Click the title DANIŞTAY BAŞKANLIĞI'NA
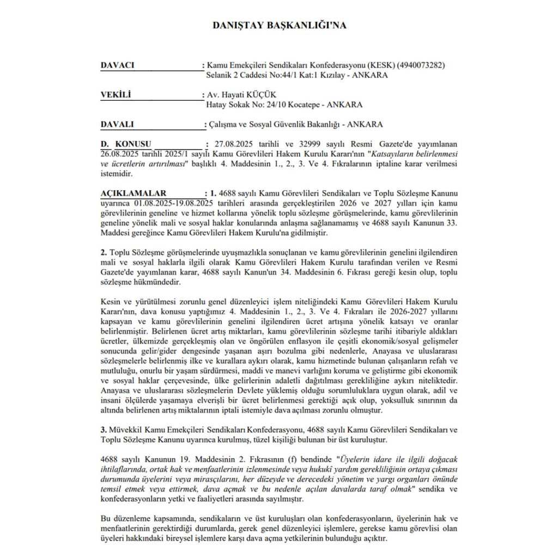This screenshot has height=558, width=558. click(x=278, y=26)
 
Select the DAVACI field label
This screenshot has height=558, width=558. click(x=117, y=65)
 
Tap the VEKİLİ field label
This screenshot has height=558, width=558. click(x=116, y=95)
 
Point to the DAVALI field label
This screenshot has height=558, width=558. click(x=117, y=124)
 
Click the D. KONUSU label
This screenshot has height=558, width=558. click(x=125, y=144)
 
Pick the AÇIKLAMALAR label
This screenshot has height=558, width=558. click(x=134, y=193)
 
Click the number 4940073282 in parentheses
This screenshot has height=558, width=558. click(x=421, y=65)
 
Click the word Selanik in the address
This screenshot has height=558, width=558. click(x=220, y=75)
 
